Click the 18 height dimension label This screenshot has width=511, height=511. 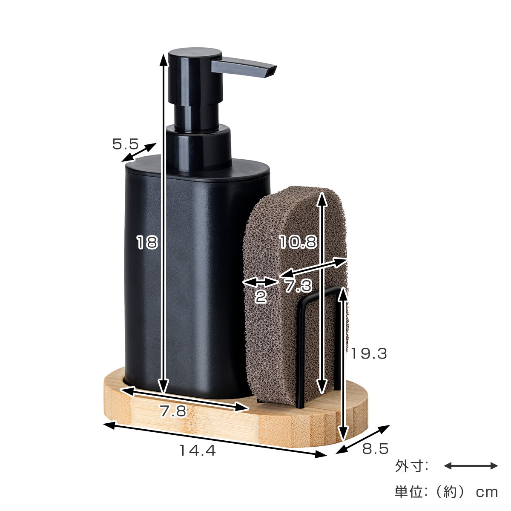coord(147,242)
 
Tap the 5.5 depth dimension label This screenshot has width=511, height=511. coord(126,144)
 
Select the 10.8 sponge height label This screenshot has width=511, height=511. coord(299,242)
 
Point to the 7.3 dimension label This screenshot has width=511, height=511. coord(299,286)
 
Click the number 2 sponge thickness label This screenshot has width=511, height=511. coord(261,297)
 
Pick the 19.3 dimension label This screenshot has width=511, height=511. coord(369,353)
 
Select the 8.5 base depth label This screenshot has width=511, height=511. coord(375,449)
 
